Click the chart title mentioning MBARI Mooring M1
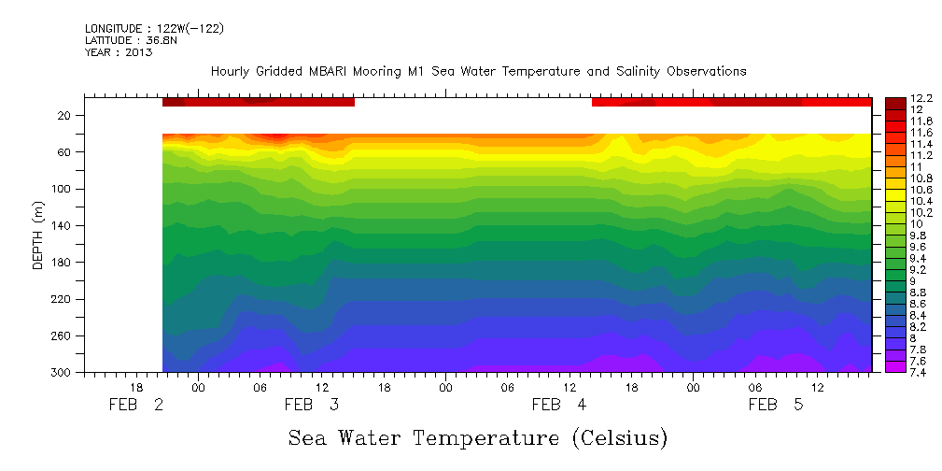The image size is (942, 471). pos(478,72)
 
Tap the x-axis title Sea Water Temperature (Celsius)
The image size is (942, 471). pos(478,437)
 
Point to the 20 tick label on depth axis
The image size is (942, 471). pos(65,116)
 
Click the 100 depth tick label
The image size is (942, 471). pos(62,189)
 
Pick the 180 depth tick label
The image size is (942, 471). pos(62,263)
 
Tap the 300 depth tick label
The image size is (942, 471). pos(62,372)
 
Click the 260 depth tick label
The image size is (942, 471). pos(62,335)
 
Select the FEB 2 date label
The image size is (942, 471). pos(136,405)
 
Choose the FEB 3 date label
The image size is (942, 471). pos(311,405)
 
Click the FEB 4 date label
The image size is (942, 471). pos(558,405)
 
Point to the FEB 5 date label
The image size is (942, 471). pos(775,405)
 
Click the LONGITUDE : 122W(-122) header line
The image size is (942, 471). pos(154,29)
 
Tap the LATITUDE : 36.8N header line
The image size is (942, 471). pos(134,40)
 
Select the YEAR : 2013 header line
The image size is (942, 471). pos(119,52)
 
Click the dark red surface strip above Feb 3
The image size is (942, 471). pos(259,102)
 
